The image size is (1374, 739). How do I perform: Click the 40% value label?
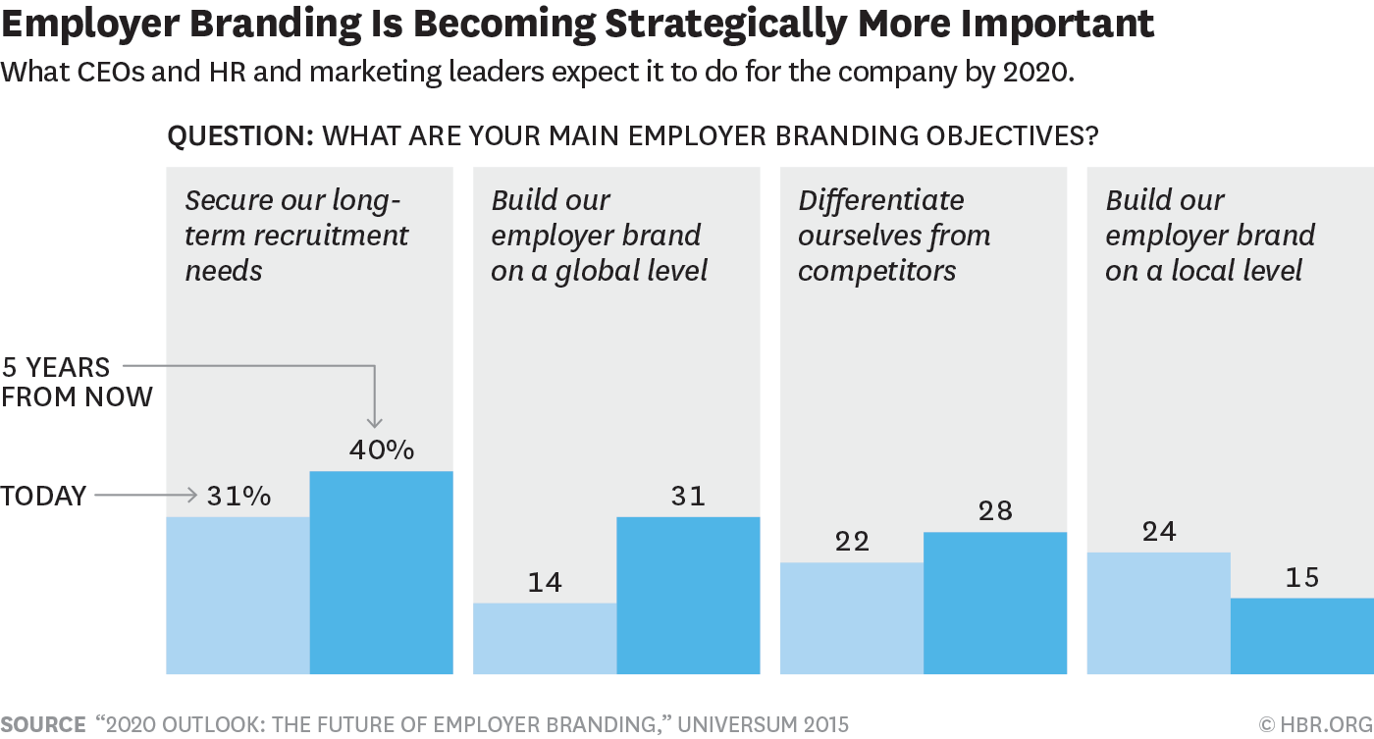coord(382,450)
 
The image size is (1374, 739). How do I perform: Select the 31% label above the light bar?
coord(238,497)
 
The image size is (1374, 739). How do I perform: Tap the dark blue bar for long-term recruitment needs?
coord(381,572)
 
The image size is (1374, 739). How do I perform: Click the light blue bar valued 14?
coord(545,638)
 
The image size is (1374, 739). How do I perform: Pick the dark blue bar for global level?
coord(688,595)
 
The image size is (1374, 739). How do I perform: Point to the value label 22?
coord(851,542)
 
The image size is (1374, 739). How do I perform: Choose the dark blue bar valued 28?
coord(994,603)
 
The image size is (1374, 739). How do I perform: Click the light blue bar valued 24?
coord(1158,612)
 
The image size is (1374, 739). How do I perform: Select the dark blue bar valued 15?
coord(1301,636)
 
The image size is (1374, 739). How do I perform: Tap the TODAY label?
coord(43,497)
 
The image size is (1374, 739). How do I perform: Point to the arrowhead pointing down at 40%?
coord(375,423)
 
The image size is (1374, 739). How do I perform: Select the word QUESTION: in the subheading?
coord(239,135)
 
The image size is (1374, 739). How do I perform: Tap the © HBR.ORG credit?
coord(1315,725)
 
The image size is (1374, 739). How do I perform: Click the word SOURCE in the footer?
coord(43,725)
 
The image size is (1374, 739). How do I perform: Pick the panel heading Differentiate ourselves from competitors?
coord(894,236)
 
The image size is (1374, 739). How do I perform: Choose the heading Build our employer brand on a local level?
coord(1210,236)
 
